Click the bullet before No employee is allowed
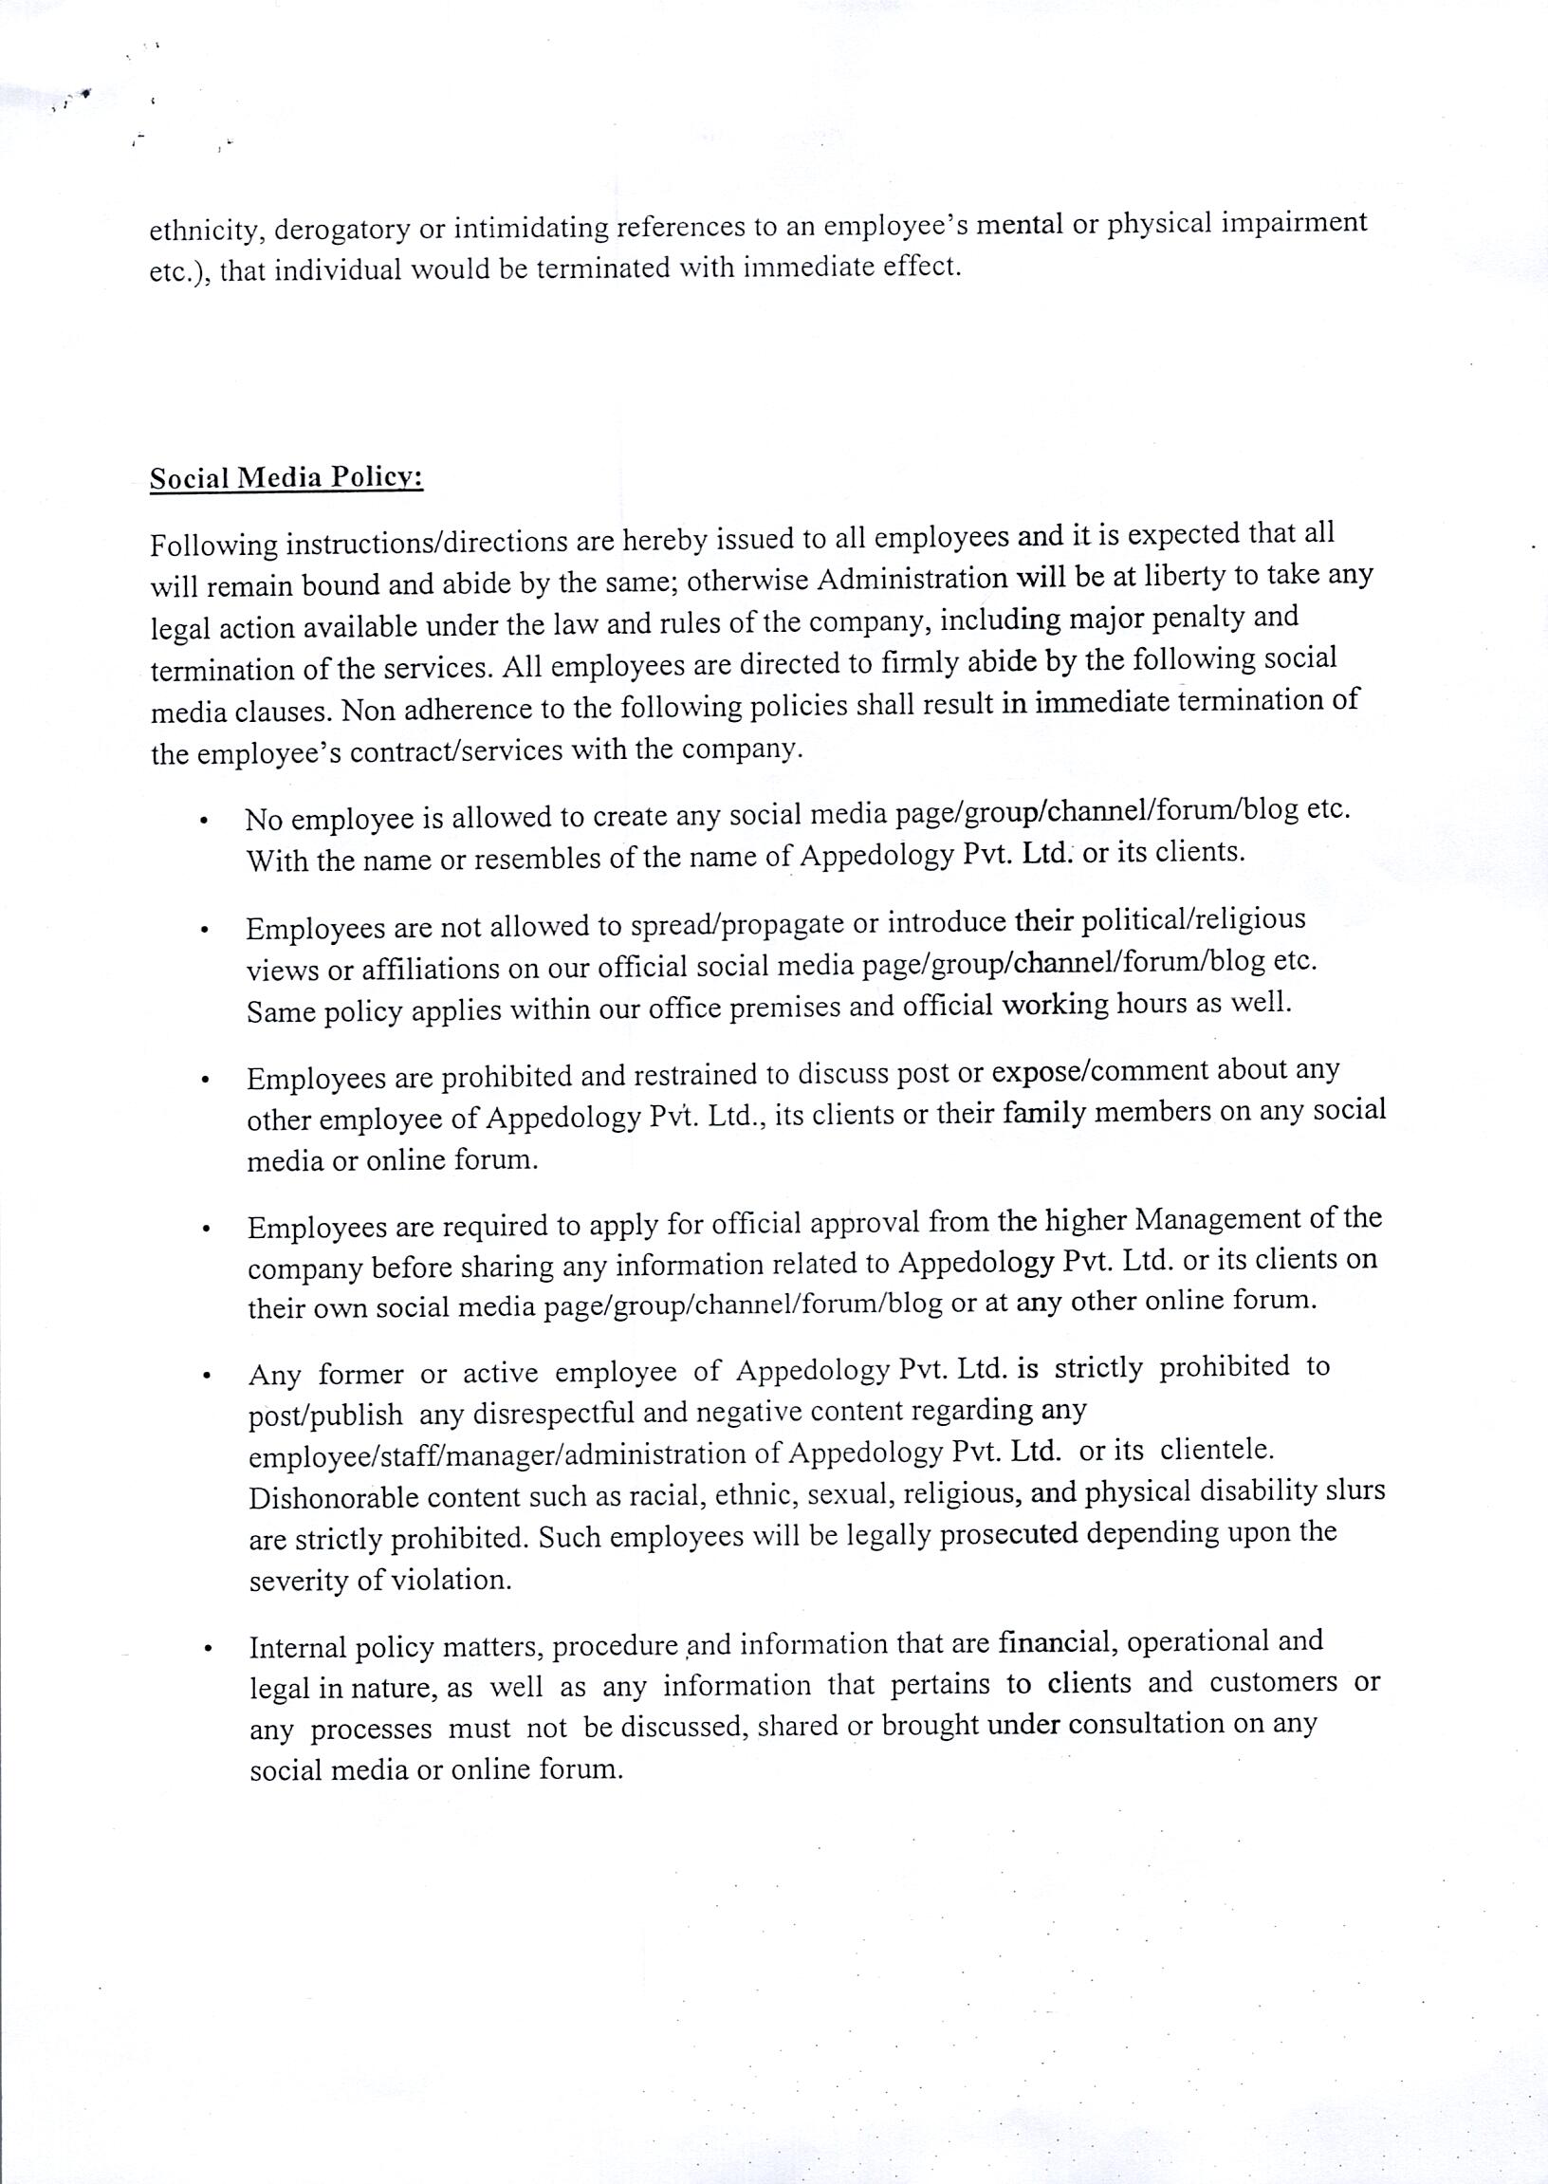204,821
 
